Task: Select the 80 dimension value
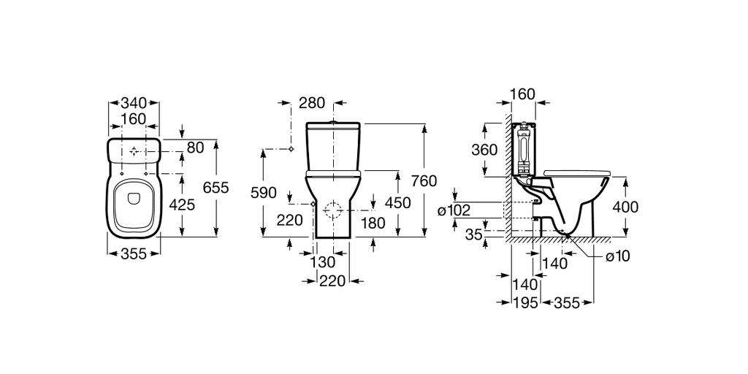pyautogui.click(x=195, y=148)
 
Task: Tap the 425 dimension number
pyautogui.click(x=182, y=205)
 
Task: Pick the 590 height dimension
pyautogui.click(x=263, y=193)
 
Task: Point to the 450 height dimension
pyautogui.click(x=397, y=204)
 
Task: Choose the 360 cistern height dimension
pyautogui.click(x=484, y=150)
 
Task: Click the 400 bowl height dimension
pyautogui.click(x=625, y=207)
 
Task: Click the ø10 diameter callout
pyautogui.click(x=617, y=256)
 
